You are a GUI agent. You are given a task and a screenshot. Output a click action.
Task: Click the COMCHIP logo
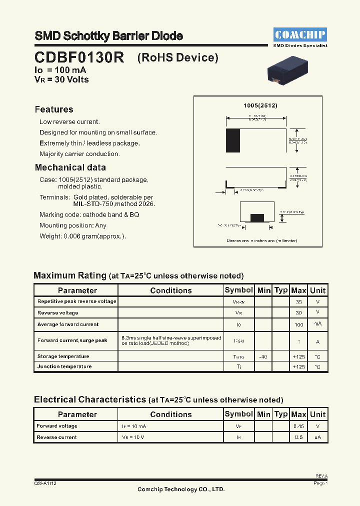[300, 34]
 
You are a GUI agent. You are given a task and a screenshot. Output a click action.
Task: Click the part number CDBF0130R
[79, 57]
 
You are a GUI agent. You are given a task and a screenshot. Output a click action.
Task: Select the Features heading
[54, 109]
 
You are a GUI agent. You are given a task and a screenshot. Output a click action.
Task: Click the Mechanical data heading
[70, 167]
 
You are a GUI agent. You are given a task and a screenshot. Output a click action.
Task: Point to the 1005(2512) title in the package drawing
[260, 105]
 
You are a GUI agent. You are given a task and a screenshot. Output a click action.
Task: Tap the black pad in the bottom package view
[257, 217]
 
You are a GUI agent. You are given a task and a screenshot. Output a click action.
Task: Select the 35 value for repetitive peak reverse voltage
[299, 302]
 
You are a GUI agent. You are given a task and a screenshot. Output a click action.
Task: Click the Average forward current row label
[68, 324]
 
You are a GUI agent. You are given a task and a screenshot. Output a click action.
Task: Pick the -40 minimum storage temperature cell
[263, 356]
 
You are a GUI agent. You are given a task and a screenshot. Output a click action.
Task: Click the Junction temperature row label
[64, 366]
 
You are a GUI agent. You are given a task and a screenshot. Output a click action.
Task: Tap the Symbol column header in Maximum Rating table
[239, 290]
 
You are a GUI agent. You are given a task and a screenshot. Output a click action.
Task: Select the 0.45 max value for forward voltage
[299, 426]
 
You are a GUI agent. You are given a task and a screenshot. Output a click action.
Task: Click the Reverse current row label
[56, 437]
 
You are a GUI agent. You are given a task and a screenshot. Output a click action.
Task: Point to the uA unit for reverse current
[317, 437]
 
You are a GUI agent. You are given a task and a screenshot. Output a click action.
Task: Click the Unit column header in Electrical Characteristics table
[317, 414]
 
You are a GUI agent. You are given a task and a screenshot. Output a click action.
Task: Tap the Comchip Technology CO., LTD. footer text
[181, 489]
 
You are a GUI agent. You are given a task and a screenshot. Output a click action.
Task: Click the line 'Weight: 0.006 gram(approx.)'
[82, 236]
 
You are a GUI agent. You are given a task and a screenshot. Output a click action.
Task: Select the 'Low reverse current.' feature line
[69, 122]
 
